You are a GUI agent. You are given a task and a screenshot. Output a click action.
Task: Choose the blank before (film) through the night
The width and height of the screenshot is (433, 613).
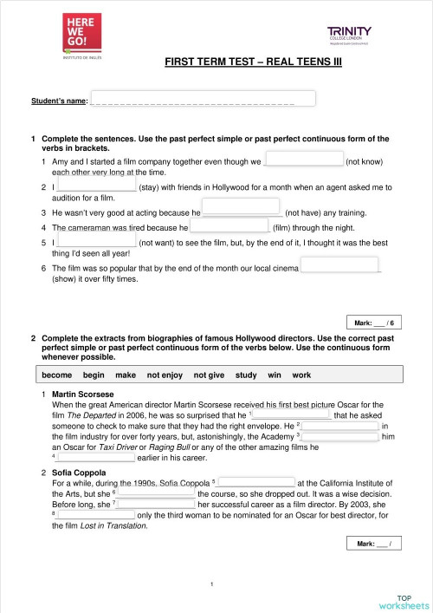tap(229, 227)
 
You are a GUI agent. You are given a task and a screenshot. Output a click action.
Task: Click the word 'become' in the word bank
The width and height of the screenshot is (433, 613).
tap(56, 375)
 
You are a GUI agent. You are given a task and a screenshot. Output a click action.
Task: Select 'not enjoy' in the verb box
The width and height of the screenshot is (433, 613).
tap(165, 375)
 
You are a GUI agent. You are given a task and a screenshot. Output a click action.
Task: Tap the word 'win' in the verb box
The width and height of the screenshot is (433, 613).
tap(271, 375)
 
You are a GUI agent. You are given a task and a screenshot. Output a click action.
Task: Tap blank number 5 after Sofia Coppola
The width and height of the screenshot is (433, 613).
tap(255, 483)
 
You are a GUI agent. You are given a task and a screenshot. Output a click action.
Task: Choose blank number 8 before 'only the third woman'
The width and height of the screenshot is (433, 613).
tap(97, 514)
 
